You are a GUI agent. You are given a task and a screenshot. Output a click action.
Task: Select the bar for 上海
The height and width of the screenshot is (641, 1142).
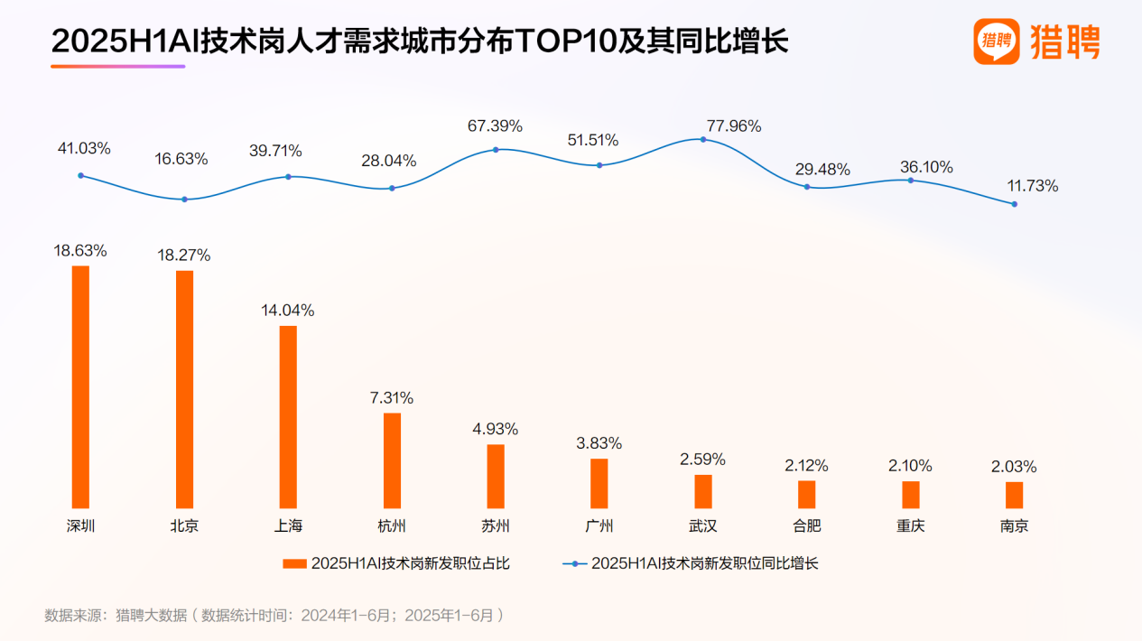click(x=288, y=416)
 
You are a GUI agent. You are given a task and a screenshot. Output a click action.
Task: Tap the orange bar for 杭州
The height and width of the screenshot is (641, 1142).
click(x=392, y=460)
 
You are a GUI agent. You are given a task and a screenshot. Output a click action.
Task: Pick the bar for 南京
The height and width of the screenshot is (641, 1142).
click(x=1014, y=495)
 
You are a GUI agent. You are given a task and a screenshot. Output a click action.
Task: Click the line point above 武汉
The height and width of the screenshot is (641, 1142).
click(x=702, y=139)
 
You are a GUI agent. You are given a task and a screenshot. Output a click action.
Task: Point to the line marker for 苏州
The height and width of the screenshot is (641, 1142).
click(x=496, y=149)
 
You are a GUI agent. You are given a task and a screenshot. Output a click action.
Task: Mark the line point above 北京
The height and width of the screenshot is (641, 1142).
click(x=184, y=199)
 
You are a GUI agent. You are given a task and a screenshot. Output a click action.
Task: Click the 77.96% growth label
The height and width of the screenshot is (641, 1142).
click(x=731, y=126)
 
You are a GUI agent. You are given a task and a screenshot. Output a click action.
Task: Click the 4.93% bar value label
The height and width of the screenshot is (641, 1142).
click(x=496, y=429)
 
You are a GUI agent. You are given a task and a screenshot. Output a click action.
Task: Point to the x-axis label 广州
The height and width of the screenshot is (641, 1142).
click(x=599, y=525)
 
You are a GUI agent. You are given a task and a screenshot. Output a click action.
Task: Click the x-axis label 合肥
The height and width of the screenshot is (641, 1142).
click(x=806, y=525)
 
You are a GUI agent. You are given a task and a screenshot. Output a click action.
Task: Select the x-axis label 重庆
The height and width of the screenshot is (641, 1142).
click(x=910, y=525)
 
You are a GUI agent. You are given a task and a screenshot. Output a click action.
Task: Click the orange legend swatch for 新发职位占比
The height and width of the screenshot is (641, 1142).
click(x=294, y=563)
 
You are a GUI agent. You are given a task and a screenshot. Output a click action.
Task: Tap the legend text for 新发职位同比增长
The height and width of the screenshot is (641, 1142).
click(x=704, y=563)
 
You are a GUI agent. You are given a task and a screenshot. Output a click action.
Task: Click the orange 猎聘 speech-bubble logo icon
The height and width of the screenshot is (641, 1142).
click(x=996, y=42)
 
